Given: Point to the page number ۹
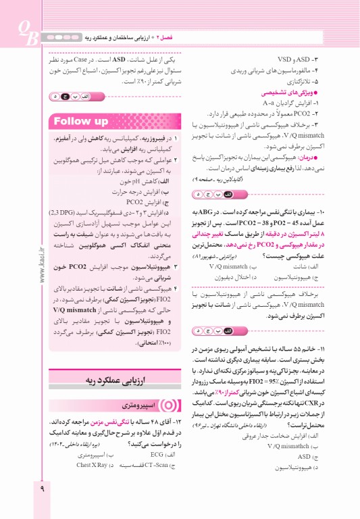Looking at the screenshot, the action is tap(42, 501).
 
